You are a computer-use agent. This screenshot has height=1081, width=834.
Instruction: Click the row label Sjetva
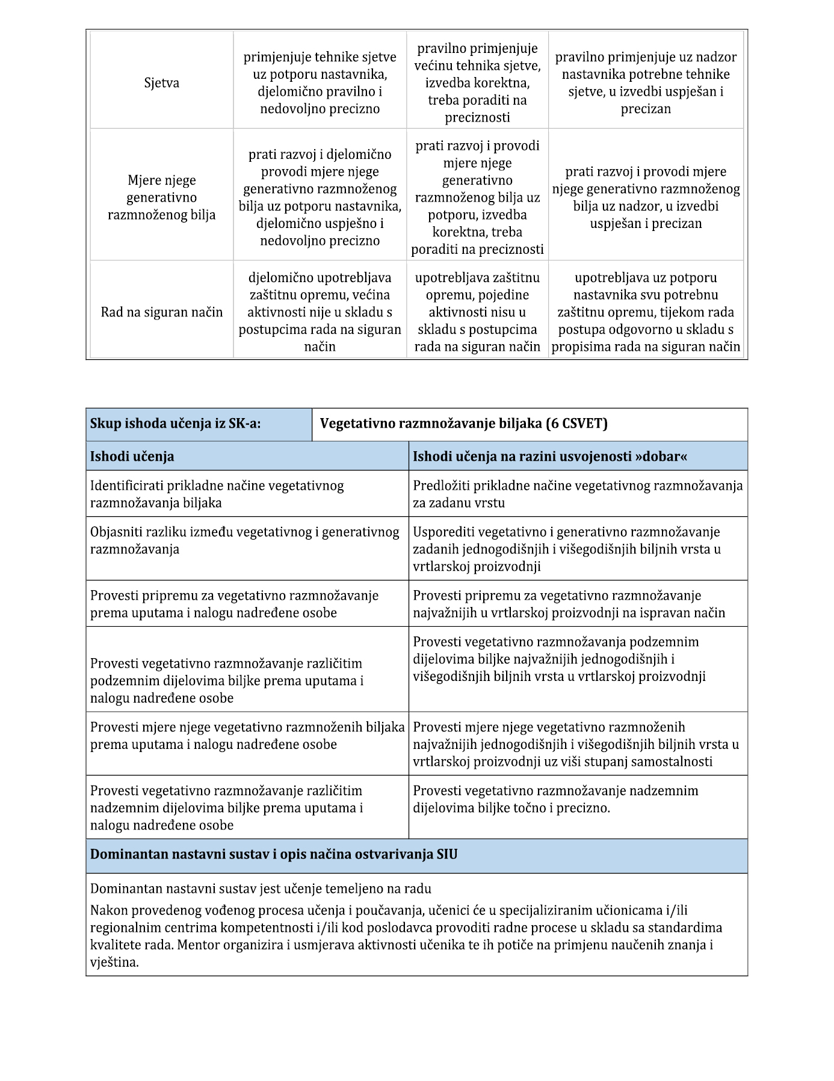[x=161, y=83]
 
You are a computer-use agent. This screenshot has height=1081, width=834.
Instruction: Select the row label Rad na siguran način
[x=161, y=312]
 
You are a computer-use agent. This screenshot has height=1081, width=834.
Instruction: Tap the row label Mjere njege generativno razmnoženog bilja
[x=161, y=197]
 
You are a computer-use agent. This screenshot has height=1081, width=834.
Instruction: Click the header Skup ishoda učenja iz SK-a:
[x=176, y=423]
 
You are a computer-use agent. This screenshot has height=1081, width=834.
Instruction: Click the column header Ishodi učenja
[x=132, y=457]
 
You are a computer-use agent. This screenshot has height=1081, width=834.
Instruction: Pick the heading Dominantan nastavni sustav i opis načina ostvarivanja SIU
[x=274, y=854]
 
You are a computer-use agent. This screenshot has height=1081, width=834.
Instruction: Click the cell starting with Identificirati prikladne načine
[x=217, y=494]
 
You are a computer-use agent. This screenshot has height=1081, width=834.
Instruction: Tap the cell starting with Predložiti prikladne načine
[x=578, y=494]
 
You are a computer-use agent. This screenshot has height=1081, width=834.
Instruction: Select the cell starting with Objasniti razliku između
[x=244, y=540]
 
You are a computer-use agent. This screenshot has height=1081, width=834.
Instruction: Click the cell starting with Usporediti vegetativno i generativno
[x=567, y=549]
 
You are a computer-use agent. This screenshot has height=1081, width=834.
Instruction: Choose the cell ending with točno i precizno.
[x=555, y=799]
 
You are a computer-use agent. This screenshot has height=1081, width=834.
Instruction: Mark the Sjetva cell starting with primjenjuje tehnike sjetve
[x=320, y=83]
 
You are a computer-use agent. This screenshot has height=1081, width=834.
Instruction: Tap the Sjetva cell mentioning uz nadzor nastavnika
[x=646, y=83]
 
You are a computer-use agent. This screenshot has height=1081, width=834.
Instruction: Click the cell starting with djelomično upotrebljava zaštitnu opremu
[x=320, y=312]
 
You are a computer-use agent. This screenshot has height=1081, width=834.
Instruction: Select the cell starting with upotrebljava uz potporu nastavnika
[x=646, y=312]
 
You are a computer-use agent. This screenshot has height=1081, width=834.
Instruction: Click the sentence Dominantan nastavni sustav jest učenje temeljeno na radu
[x=261, y=889]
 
